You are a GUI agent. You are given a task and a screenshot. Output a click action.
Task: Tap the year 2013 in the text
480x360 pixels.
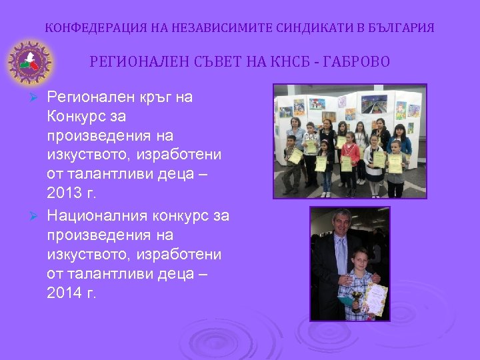[65, 193]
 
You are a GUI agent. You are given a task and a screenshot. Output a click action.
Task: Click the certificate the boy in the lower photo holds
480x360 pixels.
[375, 299]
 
